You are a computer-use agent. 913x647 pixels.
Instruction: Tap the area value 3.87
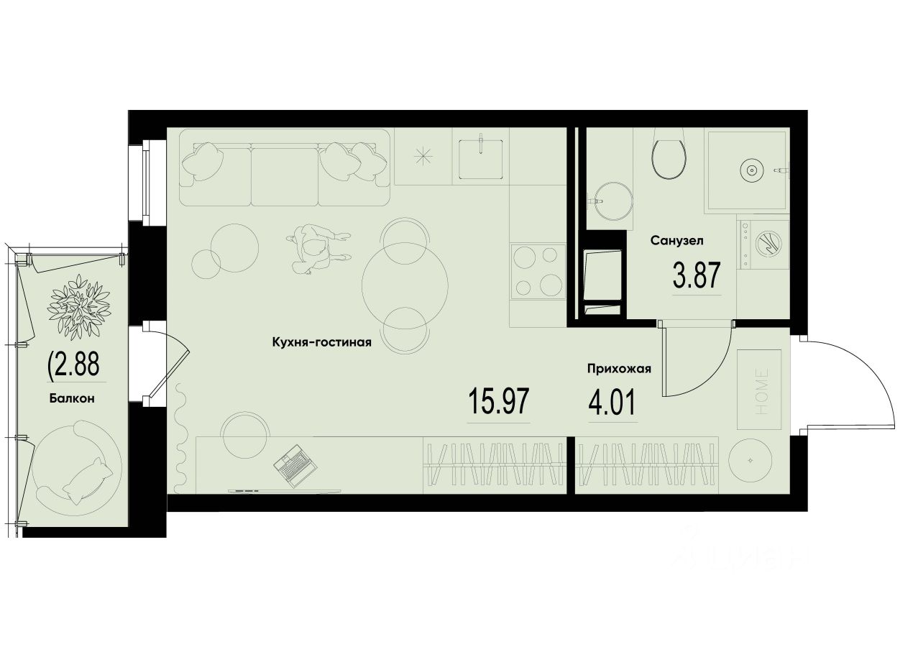tap(696, 275)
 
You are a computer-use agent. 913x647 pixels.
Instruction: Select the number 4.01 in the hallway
tap(612, 402)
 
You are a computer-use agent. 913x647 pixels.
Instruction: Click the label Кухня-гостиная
tap(321, 342)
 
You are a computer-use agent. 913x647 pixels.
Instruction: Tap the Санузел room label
tap(676, 240)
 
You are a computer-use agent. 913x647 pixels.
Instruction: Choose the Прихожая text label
tap(618, 370)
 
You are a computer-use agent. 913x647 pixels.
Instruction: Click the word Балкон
tap(73, 398)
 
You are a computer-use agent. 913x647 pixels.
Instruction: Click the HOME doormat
tap(760, 382)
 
